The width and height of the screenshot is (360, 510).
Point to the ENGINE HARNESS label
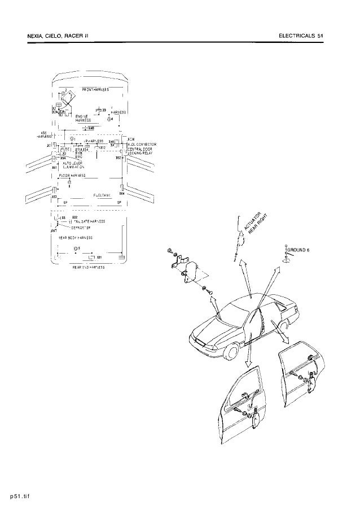pyautogui.click(x=83, y=117)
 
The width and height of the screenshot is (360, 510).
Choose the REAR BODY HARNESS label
pyautogui.click(x=76, y=238)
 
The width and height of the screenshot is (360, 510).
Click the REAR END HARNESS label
pyautogui.click(x=88, y=267)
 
